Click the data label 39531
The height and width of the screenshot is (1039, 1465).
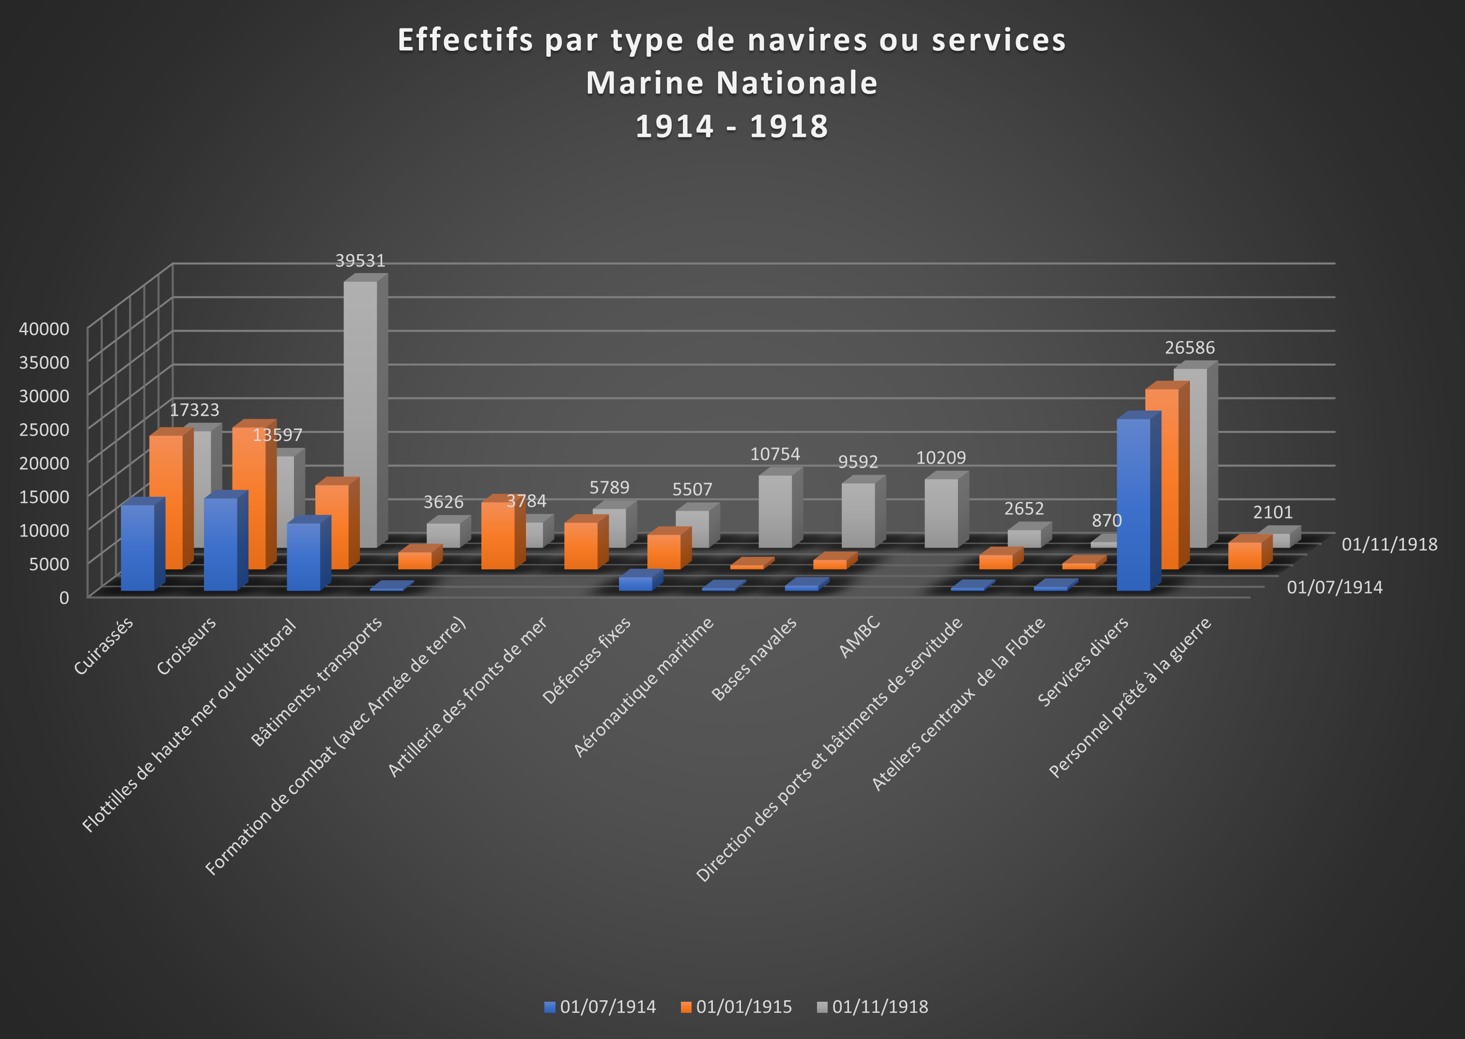click(360, 261)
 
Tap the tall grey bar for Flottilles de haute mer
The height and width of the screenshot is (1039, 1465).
click(360, 410)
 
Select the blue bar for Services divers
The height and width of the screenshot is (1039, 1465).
click(1133, 505)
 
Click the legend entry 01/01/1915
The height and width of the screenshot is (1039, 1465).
click(737, 1007)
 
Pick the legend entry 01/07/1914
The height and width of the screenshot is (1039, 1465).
click(601, 1007)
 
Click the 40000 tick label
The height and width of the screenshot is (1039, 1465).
click(44, 329)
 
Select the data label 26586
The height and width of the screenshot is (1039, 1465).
click(1189, 348)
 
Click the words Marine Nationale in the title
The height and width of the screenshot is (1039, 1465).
click(732, 83)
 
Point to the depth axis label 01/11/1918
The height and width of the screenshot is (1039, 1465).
click(1389, 545)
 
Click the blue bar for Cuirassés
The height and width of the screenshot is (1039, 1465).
click(138, 548)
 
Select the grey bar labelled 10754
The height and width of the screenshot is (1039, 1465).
click(775, 512)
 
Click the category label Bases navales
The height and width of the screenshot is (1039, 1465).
click(755, 659)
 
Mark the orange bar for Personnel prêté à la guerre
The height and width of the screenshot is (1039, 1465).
click(1244, 556)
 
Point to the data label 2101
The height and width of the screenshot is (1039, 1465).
click(1272, 512)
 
